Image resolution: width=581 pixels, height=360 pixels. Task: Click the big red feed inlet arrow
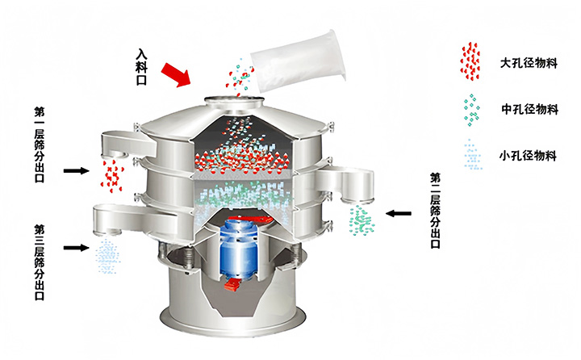click(176, 75)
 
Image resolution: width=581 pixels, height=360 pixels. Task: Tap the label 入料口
click(141, 67)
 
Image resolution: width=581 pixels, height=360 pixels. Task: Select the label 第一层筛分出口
click(40, 144)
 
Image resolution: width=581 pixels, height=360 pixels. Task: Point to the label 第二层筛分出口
click(435, 210)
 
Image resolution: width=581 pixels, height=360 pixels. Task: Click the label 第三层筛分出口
click(40, 262)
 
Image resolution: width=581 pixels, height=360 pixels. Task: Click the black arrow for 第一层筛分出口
click(77, 170)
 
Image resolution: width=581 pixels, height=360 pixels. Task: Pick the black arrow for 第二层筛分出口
click(399, 213)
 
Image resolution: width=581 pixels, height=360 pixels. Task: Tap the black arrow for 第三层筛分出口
click(77, 247)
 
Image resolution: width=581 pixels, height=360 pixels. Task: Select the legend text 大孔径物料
click(529, 63)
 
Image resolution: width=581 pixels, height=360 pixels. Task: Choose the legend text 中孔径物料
click(529, 109)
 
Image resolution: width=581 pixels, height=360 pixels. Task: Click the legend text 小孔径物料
click(528, 155)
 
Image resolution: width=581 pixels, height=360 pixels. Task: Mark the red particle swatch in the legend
click(470, 61)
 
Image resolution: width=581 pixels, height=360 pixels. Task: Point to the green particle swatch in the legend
click(471, 110)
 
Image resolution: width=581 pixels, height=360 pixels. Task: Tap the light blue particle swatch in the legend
click(473, 155)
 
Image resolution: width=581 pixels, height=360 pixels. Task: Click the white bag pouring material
click(299, 61)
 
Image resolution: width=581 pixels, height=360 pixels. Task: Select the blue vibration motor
click(239, 248)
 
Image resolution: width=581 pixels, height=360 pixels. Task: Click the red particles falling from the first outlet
click(112, 176)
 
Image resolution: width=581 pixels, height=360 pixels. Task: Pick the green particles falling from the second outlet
click(362, 220)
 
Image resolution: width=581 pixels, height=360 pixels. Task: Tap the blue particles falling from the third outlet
click(107, 256)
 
